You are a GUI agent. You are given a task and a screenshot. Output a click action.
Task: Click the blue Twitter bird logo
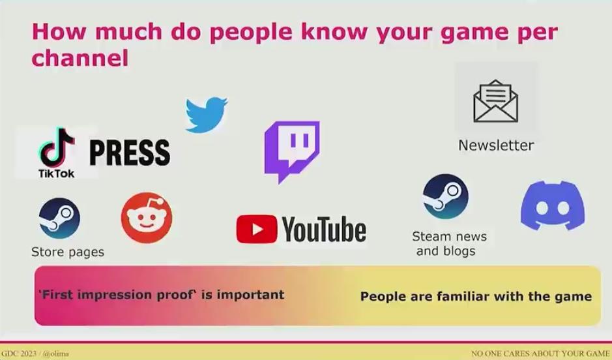pos(206,114)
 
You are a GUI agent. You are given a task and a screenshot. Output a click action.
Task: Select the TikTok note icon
pos(57,147)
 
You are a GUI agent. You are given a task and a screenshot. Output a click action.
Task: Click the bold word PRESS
pos(130,152)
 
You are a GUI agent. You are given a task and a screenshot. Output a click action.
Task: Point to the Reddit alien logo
pos(147,218)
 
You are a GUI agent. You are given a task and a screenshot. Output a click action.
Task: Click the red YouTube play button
pos(256,229)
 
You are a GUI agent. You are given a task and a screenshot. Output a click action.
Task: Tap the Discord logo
pos(553,205)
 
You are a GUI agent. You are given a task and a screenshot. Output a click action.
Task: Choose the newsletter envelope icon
pos(496,101)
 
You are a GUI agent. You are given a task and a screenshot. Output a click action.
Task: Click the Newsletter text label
pos(496,145)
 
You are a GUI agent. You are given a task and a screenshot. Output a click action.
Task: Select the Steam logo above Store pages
pos(59,218)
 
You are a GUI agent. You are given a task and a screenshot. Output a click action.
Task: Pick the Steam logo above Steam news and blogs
pos(446,196)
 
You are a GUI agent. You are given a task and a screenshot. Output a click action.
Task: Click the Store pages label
pos(68,252)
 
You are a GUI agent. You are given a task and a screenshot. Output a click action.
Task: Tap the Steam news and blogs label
pos(449,244)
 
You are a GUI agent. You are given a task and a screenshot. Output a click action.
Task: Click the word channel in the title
pos(80,59)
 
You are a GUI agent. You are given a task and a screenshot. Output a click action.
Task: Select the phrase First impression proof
pos(117,294)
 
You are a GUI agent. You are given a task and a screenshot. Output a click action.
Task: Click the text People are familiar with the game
pos(476,296)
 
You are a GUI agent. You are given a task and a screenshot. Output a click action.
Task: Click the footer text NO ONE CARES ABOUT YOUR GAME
pos(540,353)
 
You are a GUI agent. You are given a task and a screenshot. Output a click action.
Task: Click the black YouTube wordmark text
pos(325,230)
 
